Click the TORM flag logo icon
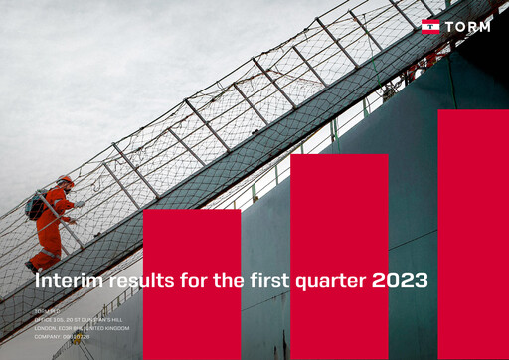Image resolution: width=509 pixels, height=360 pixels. pos(430,26)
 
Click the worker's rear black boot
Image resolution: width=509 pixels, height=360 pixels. pos(31,267)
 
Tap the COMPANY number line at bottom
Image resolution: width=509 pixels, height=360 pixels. pos(63,337)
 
